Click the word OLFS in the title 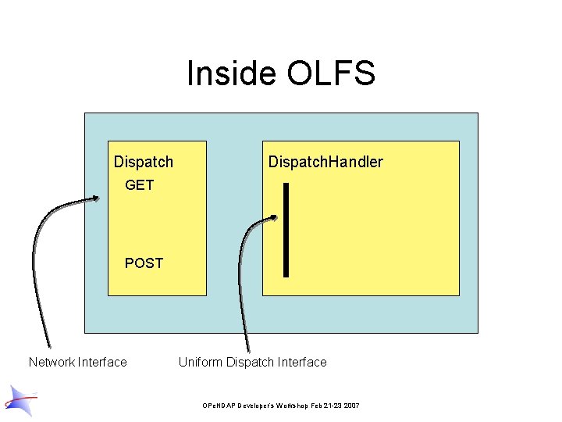pos(331,73)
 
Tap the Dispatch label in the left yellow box pos(144,162)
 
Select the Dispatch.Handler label pos(325,162)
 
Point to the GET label pos(140,185)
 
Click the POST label pos(144,263)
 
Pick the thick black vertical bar pos(286,230)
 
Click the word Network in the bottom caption pos(52,362)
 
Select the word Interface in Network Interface pos(101,362)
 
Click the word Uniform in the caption pos(201,362)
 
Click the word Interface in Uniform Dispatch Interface pos(303,362)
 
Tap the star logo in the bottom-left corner pos(20,399)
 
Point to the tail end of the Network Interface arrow pos(49,347)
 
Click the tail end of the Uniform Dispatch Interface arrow pos(249,351)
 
